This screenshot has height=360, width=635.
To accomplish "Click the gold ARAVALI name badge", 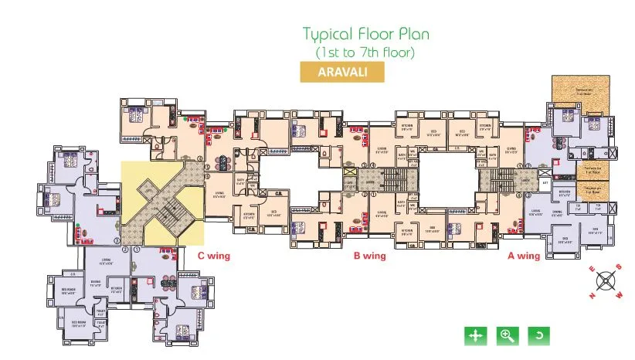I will [341, 71].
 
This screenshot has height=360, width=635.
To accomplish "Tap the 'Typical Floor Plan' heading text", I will [365, 35].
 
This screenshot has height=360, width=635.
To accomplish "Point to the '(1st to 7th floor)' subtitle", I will [365, 53].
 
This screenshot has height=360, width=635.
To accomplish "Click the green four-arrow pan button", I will [474, 335].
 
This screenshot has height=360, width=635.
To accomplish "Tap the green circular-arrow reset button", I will [538, 335].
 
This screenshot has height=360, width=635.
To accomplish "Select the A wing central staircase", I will [494, 182].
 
